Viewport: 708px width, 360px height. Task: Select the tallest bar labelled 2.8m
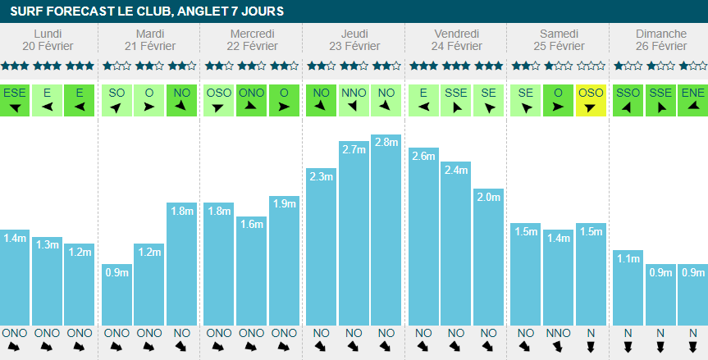coord(386,230)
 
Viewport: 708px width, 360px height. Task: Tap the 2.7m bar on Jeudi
coord(354,233)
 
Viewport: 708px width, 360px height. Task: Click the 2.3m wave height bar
coord(322,246)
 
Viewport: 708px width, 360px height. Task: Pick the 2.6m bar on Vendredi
coord(423,238)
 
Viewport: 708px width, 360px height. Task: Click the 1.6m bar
coord(251,271)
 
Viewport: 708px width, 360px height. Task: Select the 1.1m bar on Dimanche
coord(627,287)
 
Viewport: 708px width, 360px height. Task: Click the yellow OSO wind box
coord(591,99)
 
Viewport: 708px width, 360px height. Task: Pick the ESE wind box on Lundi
coord(15,99)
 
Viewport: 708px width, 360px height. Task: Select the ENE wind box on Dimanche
coord(692,99)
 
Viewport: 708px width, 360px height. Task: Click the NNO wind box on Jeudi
coord(354,99)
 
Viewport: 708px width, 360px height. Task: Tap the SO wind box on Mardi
coord(116,99)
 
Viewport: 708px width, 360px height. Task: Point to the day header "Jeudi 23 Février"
coord(354,39)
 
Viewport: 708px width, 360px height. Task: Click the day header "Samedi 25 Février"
coord(559,39)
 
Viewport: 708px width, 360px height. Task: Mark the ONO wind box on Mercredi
coord(251,99)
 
